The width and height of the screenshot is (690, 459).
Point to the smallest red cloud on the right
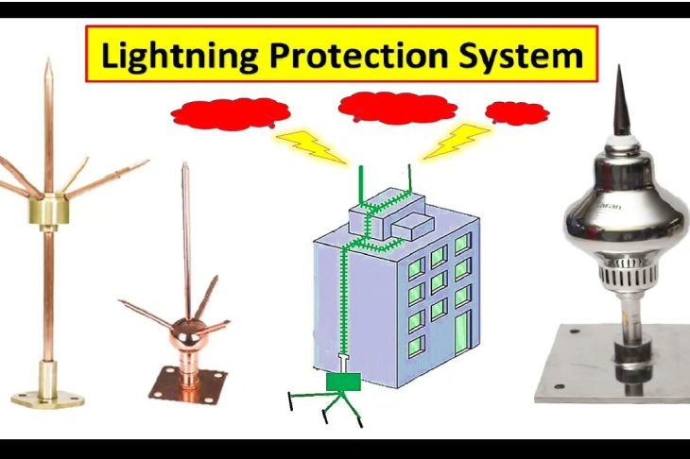[x=516, y=112]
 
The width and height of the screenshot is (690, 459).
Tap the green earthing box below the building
[x=343, y=382]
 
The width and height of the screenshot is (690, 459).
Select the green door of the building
[x=462, y=333]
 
